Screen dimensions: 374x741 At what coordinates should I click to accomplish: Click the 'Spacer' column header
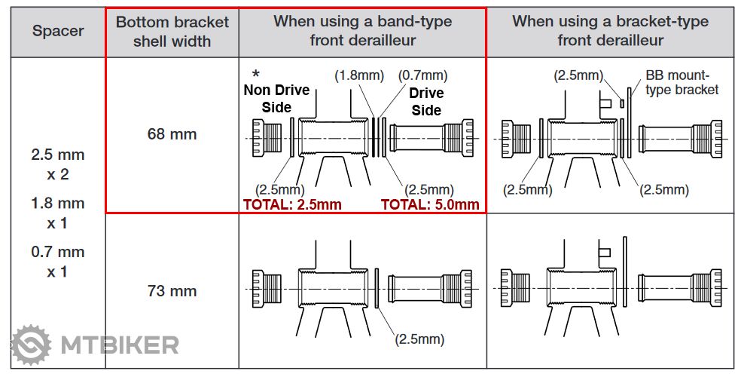(58, 32)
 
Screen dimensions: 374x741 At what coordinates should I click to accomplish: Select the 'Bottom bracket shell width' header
(172, 31)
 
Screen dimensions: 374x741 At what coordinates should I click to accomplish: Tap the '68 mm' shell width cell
(172, 134)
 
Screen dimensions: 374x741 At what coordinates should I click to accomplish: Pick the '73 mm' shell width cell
(172, 290)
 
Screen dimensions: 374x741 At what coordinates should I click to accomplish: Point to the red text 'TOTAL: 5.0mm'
(430, 204)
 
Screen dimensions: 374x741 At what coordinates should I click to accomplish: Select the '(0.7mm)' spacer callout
(423, 75)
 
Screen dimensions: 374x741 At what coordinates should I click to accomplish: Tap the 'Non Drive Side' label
(276, 99)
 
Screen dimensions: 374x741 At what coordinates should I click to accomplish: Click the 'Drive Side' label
(425, 102)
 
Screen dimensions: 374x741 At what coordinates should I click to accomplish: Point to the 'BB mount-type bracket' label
(682, 82)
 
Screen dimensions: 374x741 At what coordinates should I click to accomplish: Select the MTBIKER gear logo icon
(32, 345)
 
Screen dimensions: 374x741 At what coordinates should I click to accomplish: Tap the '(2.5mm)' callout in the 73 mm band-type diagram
(419, 339)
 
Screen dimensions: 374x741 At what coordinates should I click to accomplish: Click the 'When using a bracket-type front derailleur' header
(610, 31)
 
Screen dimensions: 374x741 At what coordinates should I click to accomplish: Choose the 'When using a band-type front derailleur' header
(362, 31)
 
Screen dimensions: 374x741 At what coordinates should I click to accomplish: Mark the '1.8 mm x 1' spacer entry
(58, 213)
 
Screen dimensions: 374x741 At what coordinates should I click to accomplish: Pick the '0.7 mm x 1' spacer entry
(58, 261)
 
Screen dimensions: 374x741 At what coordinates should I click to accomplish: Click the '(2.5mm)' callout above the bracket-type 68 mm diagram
(578, 75)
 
